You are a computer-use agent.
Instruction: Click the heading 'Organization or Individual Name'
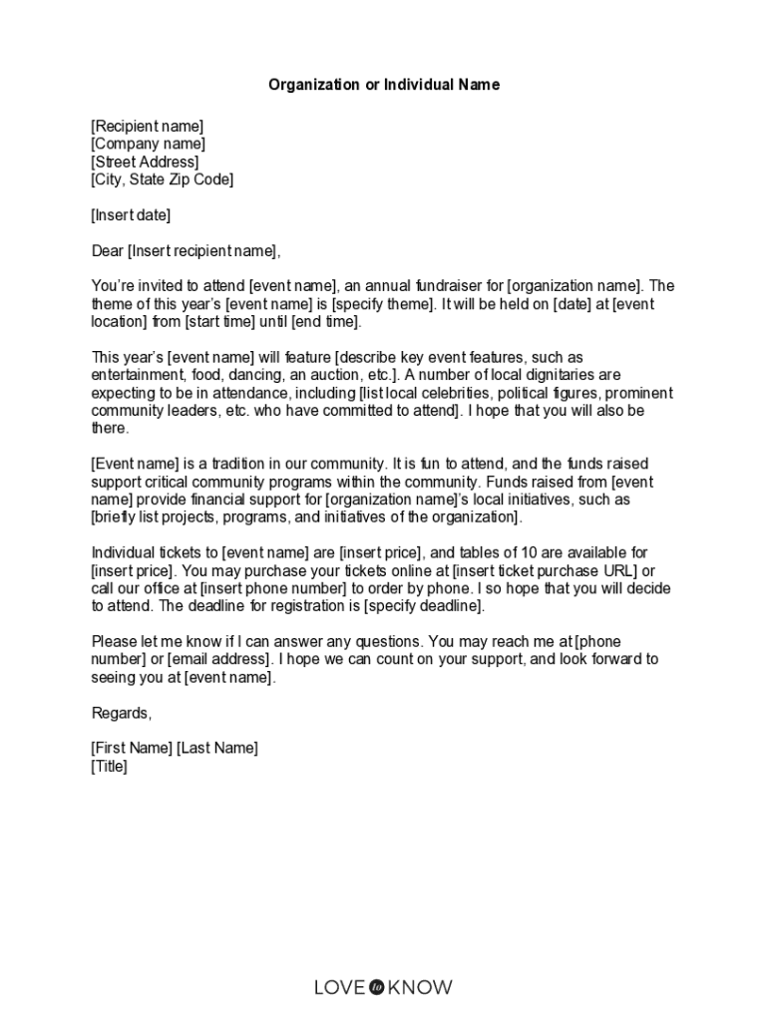point(384,85)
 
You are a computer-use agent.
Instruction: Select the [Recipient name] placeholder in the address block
point(147,126)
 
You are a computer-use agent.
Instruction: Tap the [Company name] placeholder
point(148,144)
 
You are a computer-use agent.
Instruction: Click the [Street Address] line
point(145,162)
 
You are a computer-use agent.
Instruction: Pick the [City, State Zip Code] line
point(163,179)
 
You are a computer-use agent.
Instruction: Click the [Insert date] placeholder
point(131,214)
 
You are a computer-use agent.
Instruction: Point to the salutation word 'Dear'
point(108,250)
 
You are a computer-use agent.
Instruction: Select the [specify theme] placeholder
point(384,304)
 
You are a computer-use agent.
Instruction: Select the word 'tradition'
point(248,464)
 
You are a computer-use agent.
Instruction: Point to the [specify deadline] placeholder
point(424,606)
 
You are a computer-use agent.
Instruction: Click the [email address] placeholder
point(218,659)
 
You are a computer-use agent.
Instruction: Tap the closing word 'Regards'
point(121,713)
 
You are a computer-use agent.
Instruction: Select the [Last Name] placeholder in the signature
point(217,748)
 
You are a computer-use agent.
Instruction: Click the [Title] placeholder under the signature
point(110,766)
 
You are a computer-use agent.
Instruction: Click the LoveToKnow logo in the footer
point(383,987)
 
